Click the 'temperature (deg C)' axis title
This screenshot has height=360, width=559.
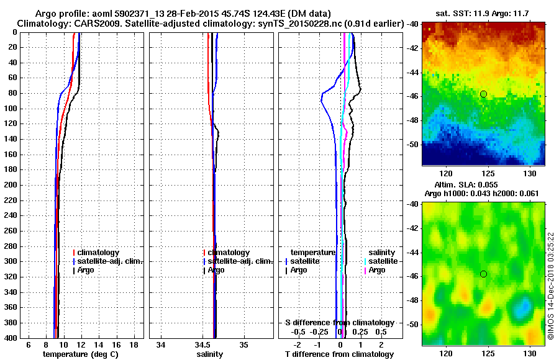click(x=80, y=354)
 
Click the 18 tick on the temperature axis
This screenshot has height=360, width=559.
click(x=134, y=344)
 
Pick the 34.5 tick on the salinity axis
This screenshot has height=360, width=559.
click(x=203, y=344)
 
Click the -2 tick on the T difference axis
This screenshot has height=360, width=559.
click(x=298, y=344)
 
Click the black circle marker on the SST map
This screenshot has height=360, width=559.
click(x=483, y=94)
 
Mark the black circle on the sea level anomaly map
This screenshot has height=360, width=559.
click(x=483, y=274)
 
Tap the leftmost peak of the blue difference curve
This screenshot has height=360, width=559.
click(x=320, y=99)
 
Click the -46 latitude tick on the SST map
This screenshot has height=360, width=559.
click(x=412, y=96)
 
